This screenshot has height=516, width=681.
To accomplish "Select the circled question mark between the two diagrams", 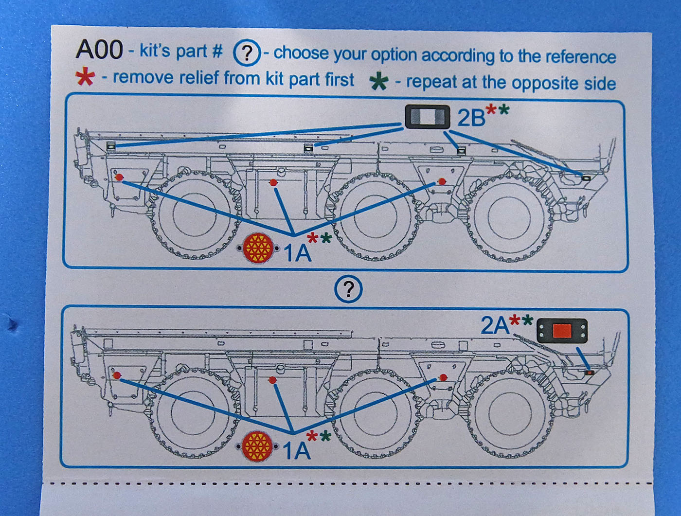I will point(348,289).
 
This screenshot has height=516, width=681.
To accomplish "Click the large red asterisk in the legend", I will point(85,77).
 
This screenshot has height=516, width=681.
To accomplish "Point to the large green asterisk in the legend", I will point(378,81).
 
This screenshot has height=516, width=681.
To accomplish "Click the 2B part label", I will point(471,117).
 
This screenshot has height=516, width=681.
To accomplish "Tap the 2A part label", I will point(494,325).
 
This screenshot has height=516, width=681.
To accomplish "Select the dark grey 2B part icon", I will point(427,117).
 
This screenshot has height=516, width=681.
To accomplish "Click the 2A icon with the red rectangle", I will point(562,331).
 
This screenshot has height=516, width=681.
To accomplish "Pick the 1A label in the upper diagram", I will point(297,253).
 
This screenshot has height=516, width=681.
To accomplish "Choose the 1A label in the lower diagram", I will point(296,451).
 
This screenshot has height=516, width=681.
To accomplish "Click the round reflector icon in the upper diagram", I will point(257,248).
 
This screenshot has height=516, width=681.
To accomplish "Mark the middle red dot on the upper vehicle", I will point(273,182).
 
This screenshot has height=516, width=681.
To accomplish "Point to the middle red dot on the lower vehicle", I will point(273,380).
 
